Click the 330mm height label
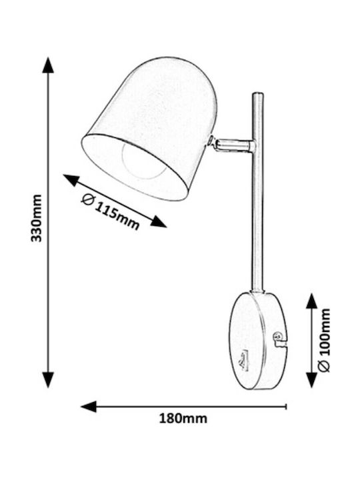coord(37,218)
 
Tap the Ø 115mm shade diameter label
coord(111,211)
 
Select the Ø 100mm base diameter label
coord(325,340)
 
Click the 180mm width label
coord(183,418)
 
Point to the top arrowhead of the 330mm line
coord(48,65)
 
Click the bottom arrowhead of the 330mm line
coord(48,379)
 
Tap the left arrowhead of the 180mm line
coord(89,406)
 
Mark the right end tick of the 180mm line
coord(285,407)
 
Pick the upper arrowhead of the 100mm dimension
coord(311,301)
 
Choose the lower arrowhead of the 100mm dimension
coord(311,379)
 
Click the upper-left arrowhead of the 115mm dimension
coord(71,180)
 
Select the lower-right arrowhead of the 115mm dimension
coord(158,221)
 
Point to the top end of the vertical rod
coord(257,94)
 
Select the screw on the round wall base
coord(277,336)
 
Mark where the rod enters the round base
coord(257,292)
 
